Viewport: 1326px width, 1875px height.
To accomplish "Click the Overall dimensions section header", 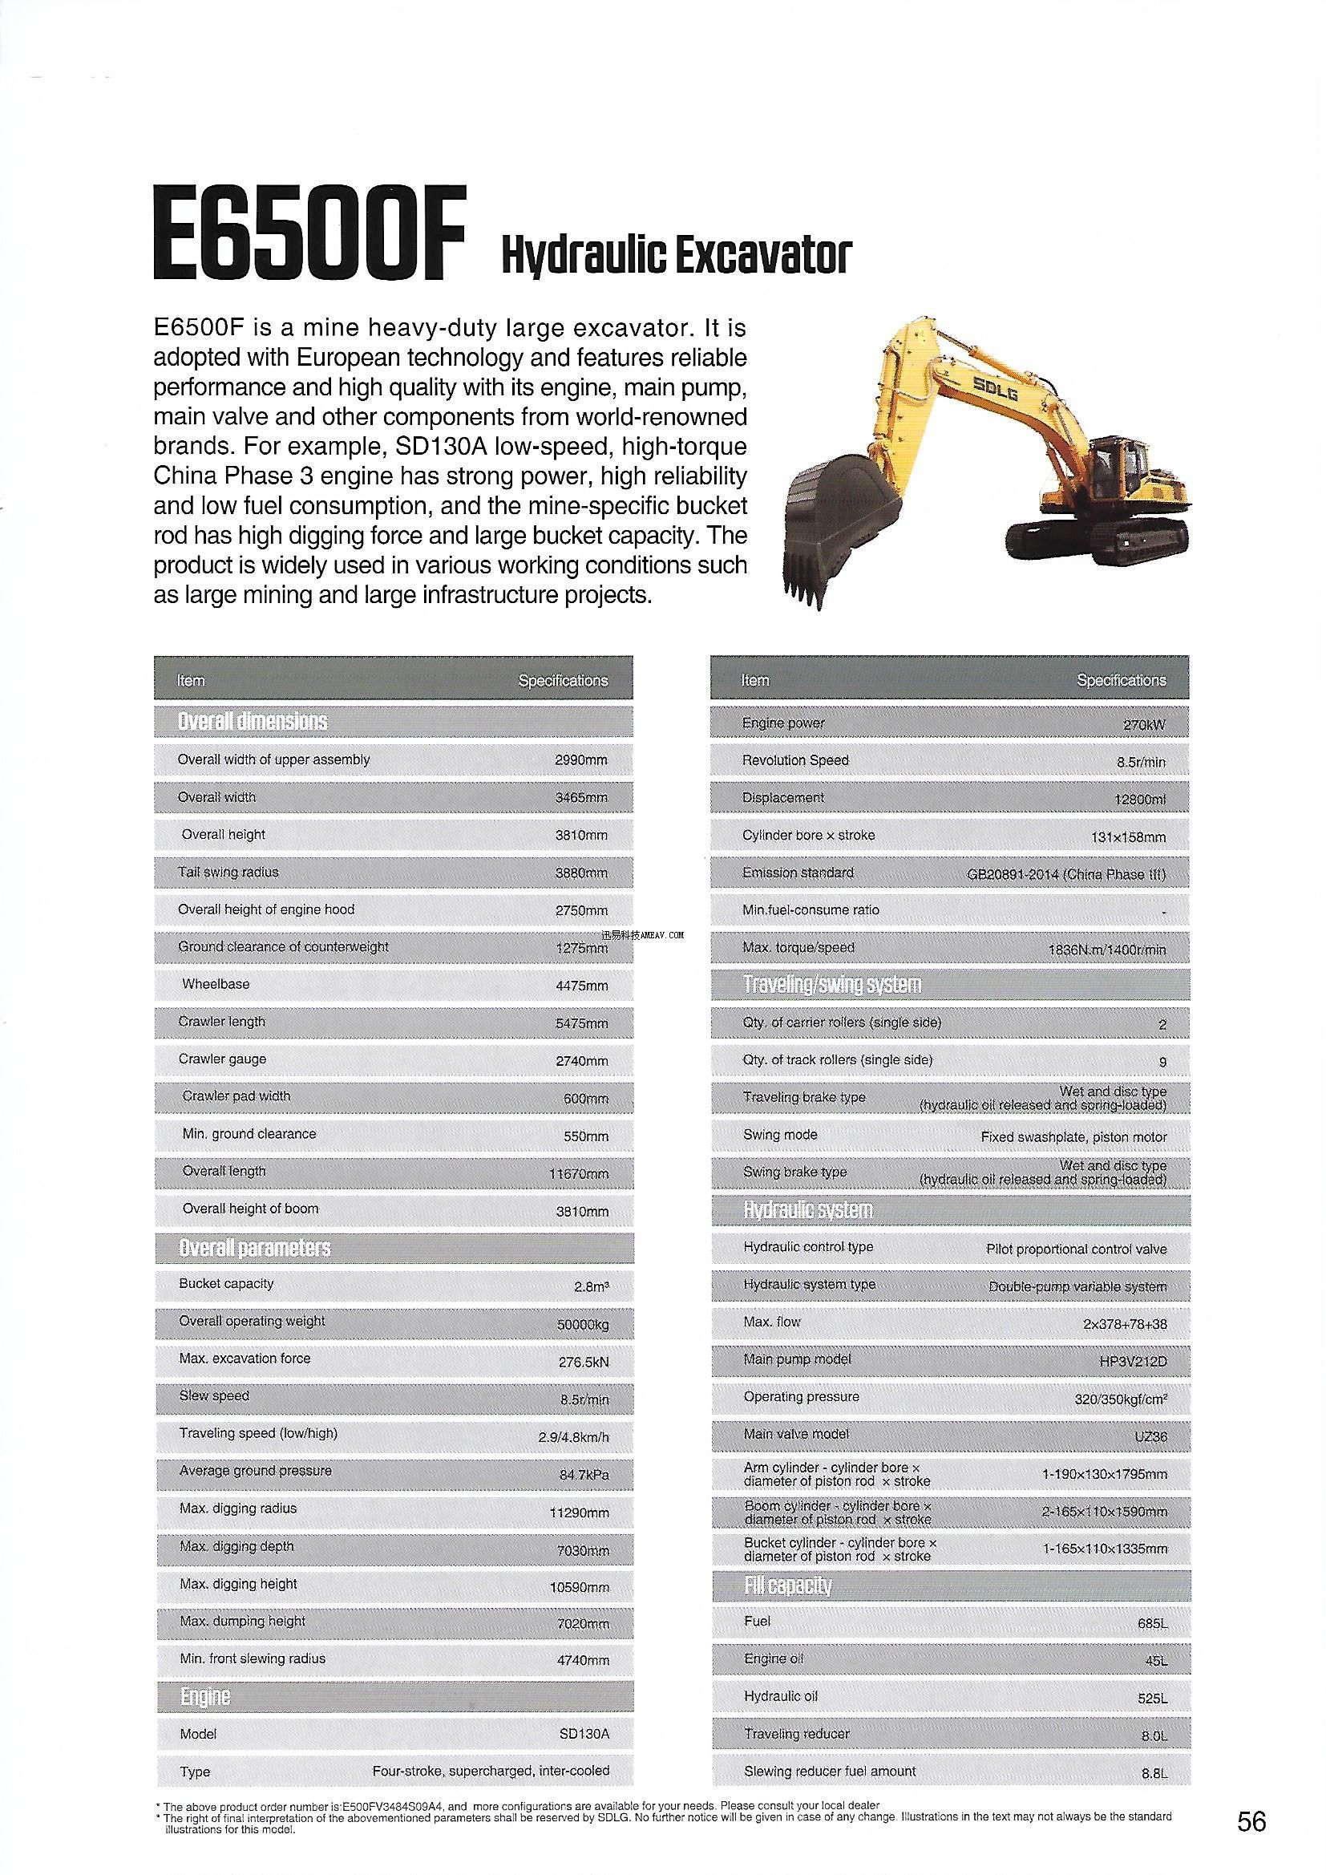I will click(x=253, y=721).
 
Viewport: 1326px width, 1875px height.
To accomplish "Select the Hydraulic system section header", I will click(x=807, y=1209).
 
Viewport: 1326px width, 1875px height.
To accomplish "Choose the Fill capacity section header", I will click(x=787, y=1585).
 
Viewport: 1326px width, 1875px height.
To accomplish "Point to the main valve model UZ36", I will click(x=1150, y=1436).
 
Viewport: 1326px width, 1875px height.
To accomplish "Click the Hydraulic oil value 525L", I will click(x=1151, y=1699).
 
